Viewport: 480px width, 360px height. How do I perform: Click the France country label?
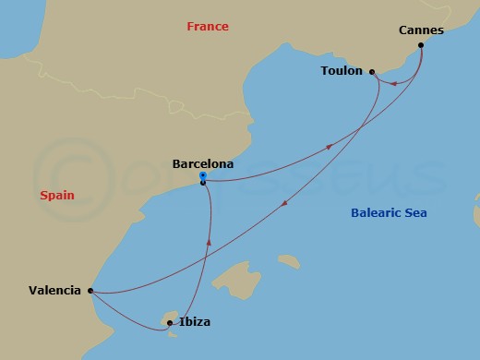pos(207,27)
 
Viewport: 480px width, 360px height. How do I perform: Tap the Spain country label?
pos(56,196)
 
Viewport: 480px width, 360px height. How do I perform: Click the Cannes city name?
pos(420,30)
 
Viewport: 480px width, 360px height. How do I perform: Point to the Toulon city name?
pos(341,71)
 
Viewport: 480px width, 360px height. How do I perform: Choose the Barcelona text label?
pos(203,164)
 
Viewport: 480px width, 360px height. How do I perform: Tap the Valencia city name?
pos(54,290)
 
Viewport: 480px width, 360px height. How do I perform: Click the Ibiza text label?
pos(195,322)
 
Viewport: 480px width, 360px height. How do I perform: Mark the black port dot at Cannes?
pos(421,45)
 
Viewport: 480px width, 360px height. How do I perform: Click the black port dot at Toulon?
pos(371,71)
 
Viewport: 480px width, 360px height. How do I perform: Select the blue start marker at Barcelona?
pos(202,175)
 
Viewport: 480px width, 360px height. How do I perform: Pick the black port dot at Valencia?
pos(90,291)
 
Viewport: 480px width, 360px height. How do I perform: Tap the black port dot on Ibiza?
pos(170,323)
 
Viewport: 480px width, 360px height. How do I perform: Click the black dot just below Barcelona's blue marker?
pos(202,183)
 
